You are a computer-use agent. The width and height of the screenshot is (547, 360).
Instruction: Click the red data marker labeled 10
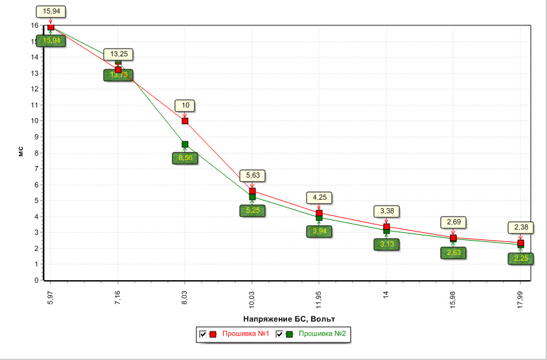click(x=185, y=121)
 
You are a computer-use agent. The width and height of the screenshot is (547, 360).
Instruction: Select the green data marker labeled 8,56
click(x=185, y=145)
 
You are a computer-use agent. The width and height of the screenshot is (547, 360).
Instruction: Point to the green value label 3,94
click(x=319, y=231)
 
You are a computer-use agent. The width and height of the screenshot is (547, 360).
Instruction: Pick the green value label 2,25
click(x=520, y=259)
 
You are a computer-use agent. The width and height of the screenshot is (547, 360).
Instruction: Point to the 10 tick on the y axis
click(x=34, y=121)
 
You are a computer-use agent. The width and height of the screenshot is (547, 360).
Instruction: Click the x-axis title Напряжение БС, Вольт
click(x=289, y=318)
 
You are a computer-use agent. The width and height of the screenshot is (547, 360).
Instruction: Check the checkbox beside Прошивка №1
click(x=203, y=334)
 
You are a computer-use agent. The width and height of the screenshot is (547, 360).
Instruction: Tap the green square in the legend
click(x=288, y=334)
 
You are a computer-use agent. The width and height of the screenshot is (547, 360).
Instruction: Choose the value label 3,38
click(x=386, y=211)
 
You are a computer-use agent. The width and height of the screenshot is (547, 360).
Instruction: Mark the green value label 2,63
click(x=453, y=253)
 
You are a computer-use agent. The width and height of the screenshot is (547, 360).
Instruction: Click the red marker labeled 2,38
click(x=520, y=243)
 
